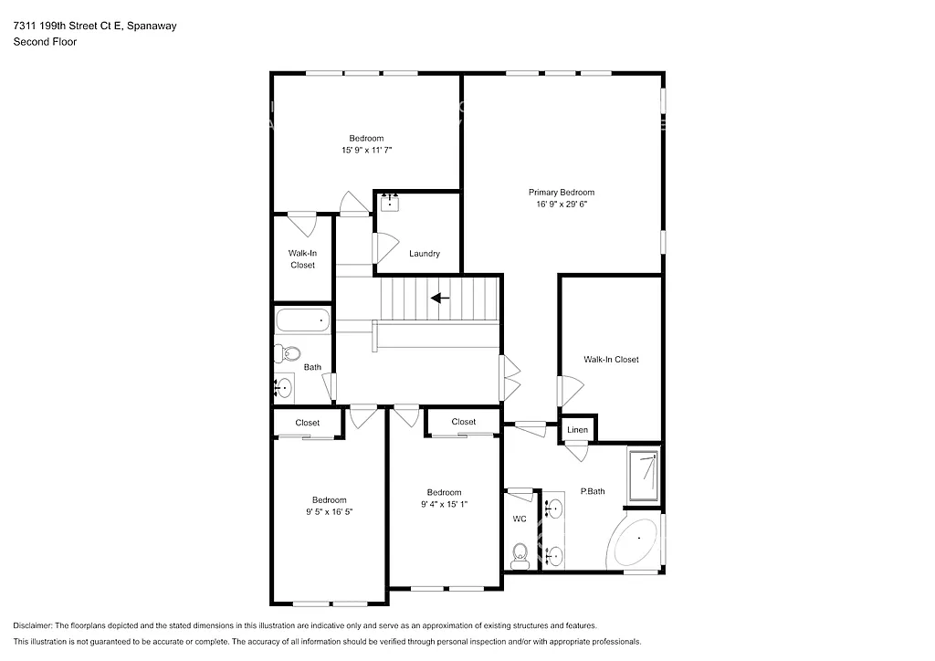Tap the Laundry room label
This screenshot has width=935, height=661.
[425, 254]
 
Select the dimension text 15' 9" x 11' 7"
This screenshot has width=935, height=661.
[366, 150]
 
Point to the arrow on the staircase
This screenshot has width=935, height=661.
[440, 298]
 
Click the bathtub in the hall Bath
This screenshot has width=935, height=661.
[302, 320]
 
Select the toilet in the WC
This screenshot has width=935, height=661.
[520, 552]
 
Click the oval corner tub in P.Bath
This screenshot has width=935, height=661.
[636, 542]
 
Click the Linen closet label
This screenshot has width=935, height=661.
[577, 429]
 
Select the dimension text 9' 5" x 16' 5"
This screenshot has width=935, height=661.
[329, 512]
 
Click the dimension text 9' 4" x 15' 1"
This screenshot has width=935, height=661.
[444, 504]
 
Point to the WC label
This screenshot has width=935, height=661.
[520, 519]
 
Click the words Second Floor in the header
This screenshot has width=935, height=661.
[45, 42]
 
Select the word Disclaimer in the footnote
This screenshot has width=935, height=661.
[35, 625]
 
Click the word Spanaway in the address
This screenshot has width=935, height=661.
[152, 26]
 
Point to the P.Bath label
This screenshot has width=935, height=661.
[593, 492]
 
